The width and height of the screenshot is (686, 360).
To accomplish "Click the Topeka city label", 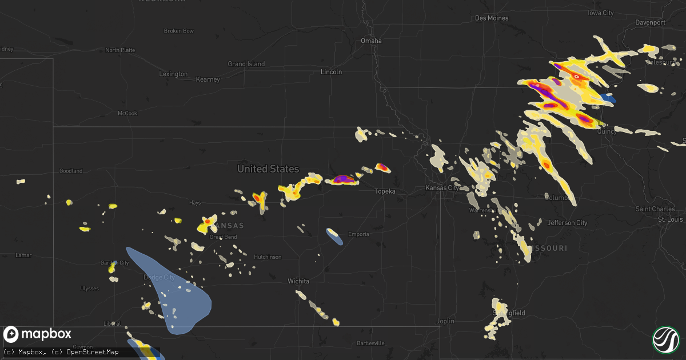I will pyautogui.click(x=385, y=191).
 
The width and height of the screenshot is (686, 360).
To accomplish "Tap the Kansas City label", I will pyautogui.click(x=442, y=188).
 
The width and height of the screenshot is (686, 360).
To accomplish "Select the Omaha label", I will pyautogui.click(x=370, y=41).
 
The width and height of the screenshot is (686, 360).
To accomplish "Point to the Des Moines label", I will pyautogui.click(x=492, y=18).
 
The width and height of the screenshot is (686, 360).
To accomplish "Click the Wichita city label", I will pyautogui.click(x=298, y=281).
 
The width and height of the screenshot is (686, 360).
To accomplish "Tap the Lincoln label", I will pyautogui.click(x=331, y=72).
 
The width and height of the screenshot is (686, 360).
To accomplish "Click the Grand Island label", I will pyautogui.click(x=246, y=64).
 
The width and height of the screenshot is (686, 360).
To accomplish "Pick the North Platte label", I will pyautogui.click(x=120, y=50).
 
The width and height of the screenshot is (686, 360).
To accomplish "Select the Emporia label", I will pyautogui.click(x=358, y=234).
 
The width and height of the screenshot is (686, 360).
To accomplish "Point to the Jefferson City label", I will pyautogui.click(x=567, y=223).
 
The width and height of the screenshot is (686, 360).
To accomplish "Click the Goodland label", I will pyautogui.click(x=71, y=171).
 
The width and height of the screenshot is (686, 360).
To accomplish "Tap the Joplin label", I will pyautogui.click(x=445, y=321).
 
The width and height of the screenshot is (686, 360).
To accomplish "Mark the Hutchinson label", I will pyautogui.click(x=268, y=257).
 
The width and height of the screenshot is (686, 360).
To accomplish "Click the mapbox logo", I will pyautogui.click(x=38, y=334).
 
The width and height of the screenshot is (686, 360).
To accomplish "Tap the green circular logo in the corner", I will pyautogui.click(x=665, y=339).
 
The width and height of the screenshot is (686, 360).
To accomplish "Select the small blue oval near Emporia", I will pyautogui.click(x=334, y=236).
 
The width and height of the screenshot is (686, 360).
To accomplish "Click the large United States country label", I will pyautogui.click(x=268, y=169).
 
